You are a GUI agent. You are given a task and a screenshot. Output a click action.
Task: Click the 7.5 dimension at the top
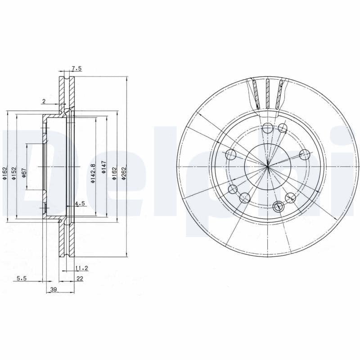pyautogui.click(x=76, y=68)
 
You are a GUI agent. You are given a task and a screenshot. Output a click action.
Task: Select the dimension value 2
pyautogui.click(x=44, y=101)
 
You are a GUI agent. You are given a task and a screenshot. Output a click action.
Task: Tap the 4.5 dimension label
pyautogui.click(x=80, y=203)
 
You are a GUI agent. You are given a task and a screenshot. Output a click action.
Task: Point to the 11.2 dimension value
pyautogui.click(x=82, y=268)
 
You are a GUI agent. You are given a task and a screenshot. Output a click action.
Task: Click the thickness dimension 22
pyautogui.click(x=80, y=279)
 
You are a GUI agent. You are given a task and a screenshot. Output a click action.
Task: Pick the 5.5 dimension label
pyautogui.click(x=22, y=278)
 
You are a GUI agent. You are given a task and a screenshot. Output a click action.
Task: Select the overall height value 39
pyautogui.click(x=54, y=289)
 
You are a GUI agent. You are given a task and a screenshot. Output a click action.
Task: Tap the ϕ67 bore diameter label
pyautogui.click(x=24, y=173)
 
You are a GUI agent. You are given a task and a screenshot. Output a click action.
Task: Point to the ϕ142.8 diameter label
pyautogui.click(x=93, y=173)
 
